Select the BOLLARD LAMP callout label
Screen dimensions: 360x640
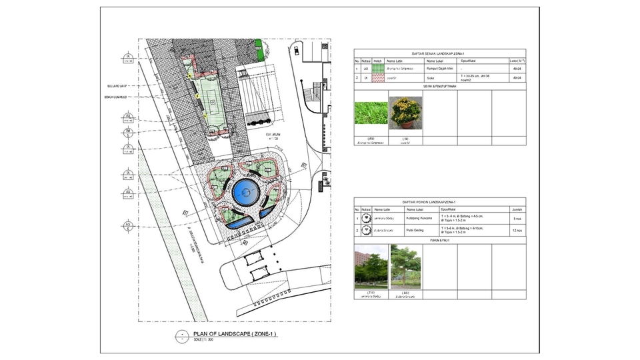point(117,85)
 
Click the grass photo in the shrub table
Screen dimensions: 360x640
point(371,112)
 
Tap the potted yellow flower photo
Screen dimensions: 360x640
point(405,112)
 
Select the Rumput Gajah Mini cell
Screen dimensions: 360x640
point(440,69)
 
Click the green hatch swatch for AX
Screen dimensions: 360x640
point(378,69)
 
